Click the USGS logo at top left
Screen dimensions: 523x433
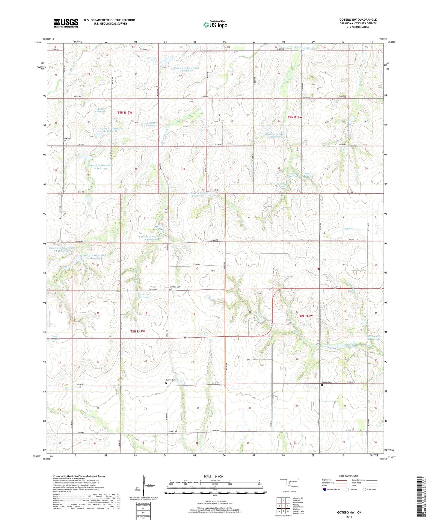click(66, 23)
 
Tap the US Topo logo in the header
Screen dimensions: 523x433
click(215, 25)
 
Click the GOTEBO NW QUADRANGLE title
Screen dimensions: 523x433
click(357, 20)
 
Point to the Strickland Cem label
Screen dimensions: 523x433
click(66, 140)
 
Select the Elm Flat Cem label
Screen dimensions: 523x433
click(175, 287)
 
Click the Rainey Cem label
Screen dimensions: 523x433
click(171, 380)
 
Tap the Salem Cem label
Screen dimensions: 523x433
click(173, 432)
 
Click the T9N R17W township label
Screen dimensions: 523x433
click(125, 113)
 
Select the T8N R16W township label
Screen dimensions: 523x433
click(305, 316)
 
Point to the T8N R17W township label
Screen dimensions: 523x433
click(138, 331)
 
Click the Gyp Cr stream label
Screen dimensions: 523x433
click(348, 229)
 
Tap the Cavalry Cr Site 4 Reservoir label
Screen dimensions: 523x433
click(274, 135)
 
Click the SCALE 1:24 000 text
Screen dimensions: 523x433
click(215, 477)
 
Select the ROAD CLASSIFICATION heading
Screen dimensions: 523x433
click(349, 476)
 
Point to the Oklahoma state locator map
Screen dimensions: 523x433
click(289, 483)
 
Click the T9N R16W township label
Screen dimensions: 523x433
click(295, 117)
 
